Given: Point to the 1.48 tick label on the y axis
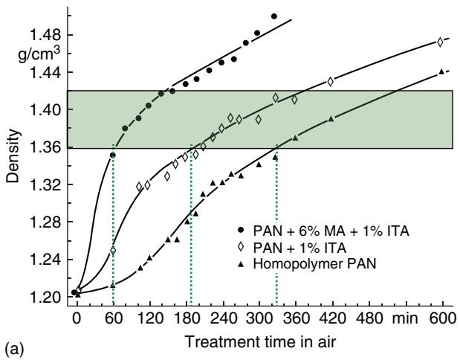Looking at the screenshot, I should [45, 35].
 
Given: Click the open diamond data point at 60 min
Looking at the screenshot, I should [113, 251].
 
